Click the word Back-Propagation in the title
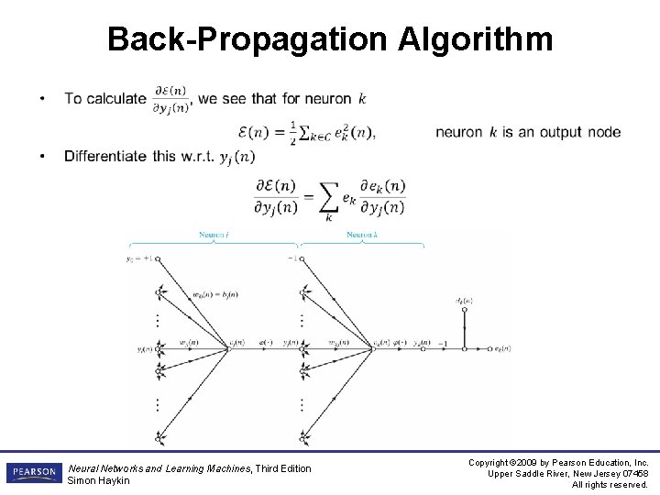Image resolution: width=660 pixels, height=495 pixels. point(248,40)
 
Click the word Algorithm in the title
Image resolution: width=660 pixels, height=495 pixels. point(477,40)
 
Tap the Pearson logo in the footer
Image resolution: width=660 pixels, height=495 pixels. point(33,472)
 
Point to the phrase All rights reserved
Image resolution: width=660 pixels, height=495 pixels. point(610,484)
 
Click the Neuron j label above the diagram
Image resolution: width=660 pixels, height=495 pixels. point(214,236)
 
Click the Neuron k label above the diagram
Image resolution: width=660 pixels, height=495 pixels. point(361,236)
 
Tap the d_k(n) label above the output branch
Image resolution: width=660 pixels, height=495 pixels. point(464,301)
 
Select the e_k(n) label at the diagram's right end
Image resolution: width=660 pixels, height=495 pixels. point(501,349)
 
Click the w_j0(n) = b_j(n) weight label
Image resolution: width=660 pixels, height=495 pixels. point(214,294)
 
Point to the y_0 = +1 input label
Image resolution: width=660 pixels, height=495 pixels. point(141,259)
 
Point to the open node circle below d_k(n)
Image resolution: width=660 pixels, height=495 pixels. point(464,311)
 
